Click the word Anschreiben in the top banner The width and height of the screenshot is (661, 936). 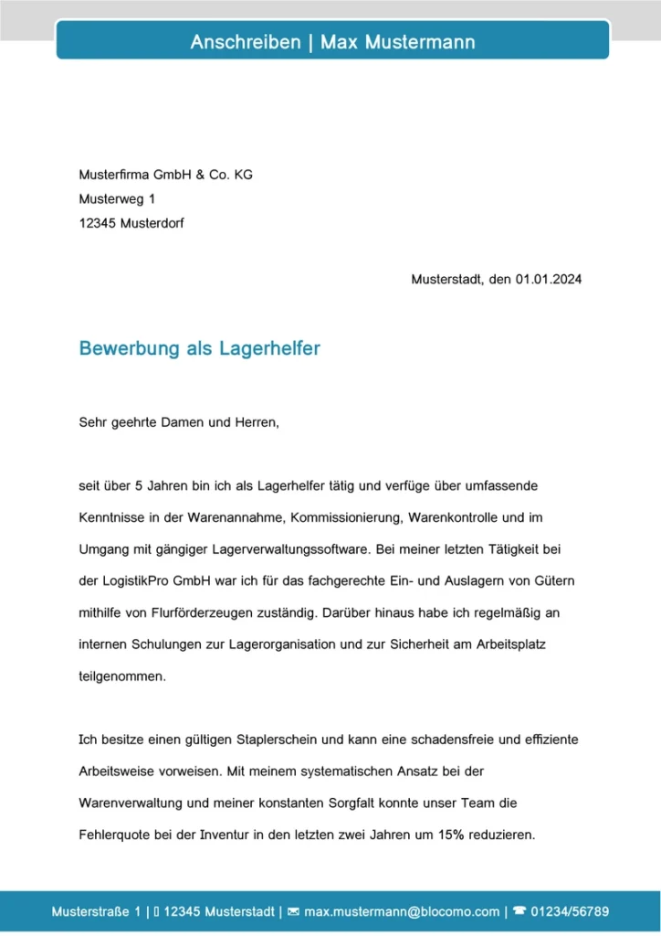tap(245, 42)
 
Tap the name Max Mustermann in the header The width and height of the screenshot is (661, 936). tap(397, 42)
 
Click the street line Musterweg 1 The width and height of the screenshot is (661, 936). tap(117, 198)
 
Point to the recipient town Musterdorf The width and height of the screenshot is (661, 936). tap(152, 222)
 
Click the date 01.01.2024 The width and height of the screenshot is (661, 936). tap(548, 280)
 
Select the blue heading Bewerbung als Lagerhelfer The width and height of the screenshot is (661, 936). tap(199, 349)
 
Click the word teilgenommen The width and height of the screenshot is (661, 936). tap(122, 676)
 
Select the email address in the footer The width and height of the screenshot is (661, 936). tap(401, 912)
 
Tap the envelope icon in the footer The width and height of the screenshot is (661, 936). tap(293, 912)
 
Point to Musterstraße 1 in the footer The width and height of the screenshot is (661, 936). tap(97, 912)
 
